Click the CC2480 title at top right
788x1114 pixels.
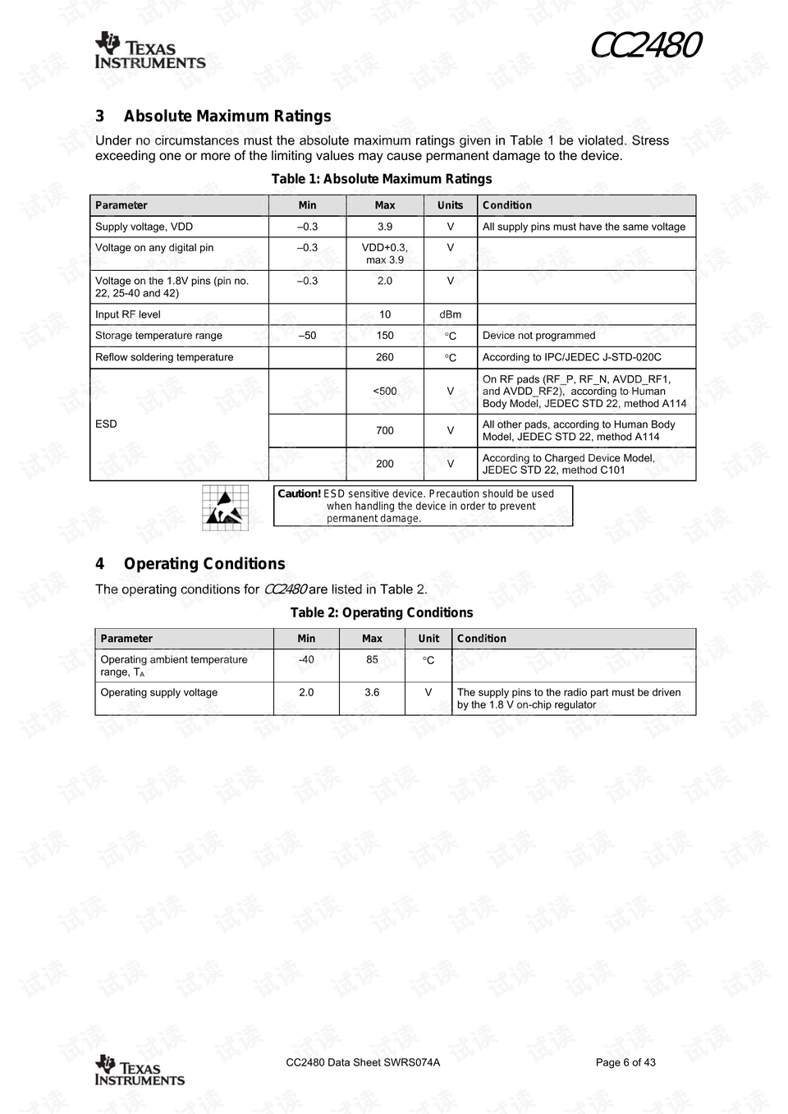tap(645, 46)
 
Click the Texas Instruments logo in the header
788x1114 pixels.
tap(149, 51)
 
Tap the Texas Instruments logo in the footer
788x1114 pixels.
tap(140, 1070)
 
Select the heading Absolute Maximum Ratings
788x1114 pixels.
tap(227, 117)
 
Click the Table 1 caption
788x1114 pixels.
tap(382, 179)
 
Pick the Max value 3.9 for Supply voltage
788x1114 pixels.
tap(384, 227)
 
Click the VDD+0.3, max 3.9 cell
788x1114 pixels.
tap(384, 254)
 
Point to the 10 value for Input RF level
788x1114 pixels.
tap(384, 314)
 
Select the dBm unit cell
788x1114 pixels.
tap(450, 314)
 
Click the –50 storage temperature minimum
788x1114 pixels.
tap(307, 336)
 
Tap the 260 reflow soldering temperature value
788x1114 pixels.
tap(384, 357)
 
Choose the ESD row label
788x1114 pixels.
tap(107, 424)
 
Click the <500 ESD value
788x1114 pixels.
tap(384, 391)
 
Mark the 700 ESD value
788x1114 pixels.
tap(384, 430)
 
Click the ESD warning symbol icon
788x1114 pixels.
tap(225, 507)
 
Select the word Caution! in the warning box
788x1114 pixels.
tap(299, 493)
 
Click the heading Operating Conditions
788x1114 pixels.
tap(204, 564)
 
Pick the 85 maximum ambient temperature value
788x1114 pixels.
tap(372, 659)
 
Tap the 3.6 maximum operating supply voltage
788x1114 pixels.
tap(372, 692)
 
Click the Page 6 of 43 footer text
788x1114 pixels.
tap(625, 1062)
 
